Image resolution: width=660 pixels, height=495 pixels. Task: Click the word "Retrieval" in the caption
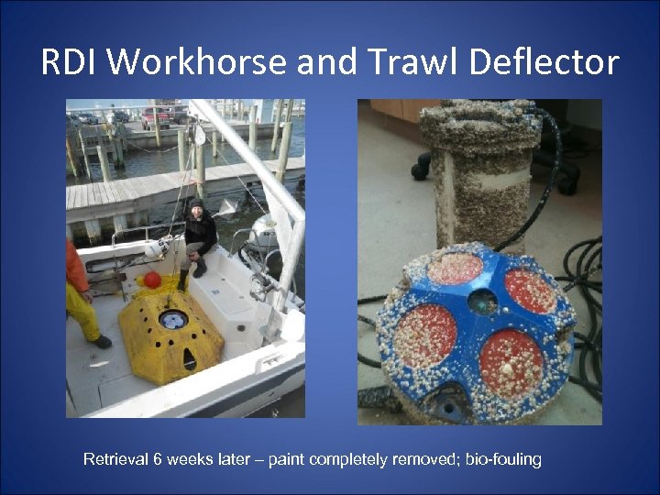click(117, 458)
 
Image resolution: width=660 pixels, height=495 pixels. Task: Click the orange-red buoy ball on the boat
click(151, 279)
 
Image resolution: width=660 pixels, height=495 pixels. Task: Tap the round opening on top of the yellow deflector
click(172, 319)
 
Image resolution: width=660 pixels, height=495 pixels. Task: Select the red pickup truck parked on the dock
click(156, 116)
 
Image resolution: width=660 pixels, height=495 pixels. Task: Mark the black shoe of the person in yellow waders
click(101, 342)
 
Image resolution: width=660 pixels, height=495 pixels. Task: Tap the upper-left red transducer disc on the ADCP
click(456, 269)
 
